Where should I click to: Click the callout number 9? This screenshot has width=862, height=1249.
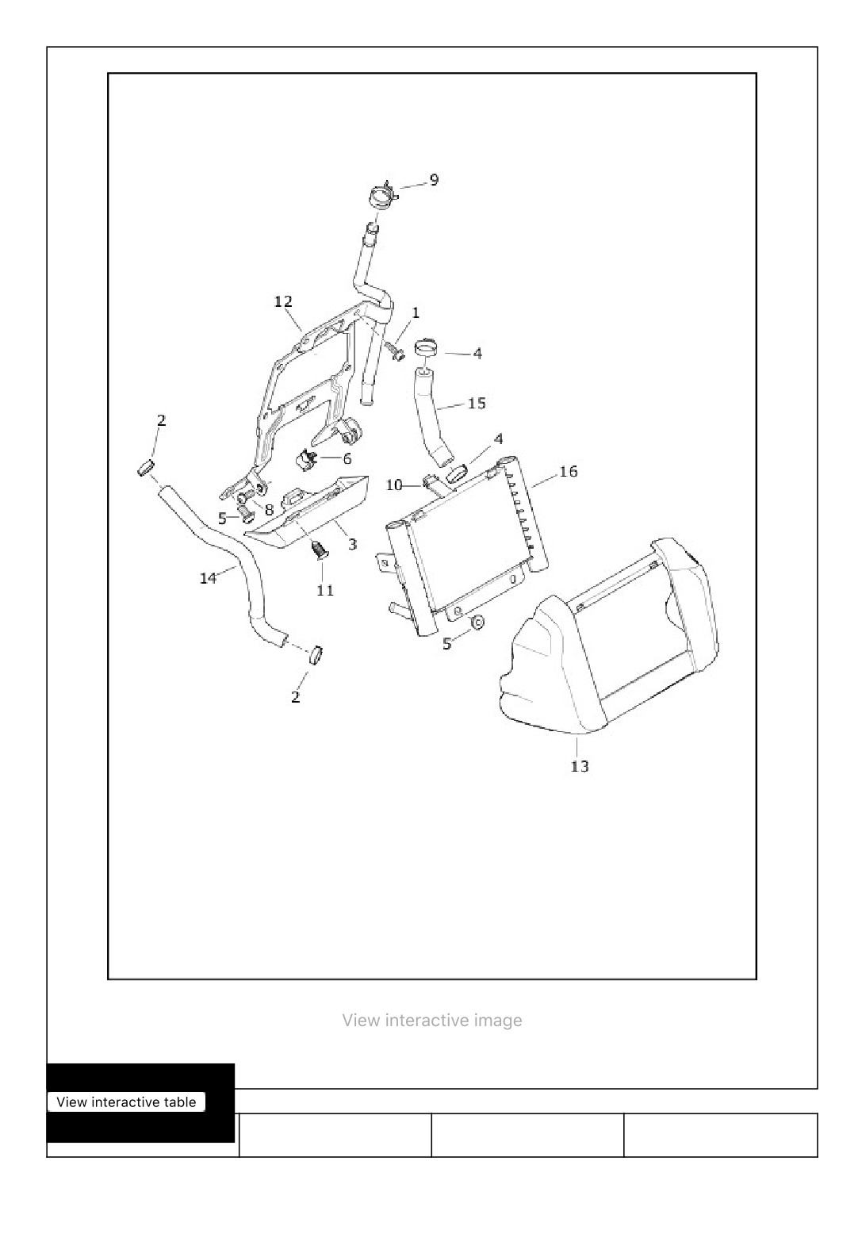click(x=433, y=180)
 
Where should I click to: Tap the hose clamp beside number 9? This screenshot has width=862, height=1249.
click(x=384, y=197)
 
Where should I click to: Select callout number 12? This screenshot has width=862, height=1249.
click(x=283, y=301)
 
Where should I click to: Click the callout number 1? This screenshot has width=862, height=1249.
click(x=416, y=312)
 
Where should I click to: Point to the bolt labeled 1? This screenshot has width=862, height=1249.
click(x=394, y=350)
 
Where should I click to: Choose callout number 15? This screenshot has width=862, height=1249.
click(x=477, y=403)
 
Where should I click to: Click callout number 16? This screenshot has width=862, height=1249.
click(x=568, y=472)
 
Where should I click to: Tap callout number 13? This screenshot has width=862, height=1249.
click(x=580, y=767)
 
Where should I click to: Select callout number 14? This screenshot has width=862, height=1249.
click(x=208, y=578)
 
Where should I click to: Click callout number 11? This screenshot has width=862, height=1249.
click(x=325, y=591)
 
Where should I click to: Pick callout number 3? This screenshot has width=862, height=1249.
click(x=352, y=544)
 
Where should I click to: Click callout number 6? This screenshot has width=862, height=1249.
click(x=347, y=459)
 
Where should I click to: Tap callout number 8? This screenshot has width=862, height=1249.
click(x=270, y=510)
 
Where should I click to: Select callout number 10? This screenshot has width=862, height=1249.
click(x=394, y=485)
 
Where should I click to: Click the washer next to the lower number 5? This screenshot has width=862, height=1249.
click(x=478, y=622)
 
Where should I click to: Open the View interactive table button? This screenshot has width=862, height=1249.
click(x=127, y=1102)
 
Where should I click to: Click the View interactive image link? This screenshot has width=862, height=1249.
click(x=432, y=1021)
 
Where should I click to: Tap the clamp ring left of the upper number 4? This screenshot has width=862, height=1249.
click(x=426, y=348)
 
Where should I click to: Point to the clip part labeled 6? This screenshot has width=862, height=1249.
click(x=306, y=459)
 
